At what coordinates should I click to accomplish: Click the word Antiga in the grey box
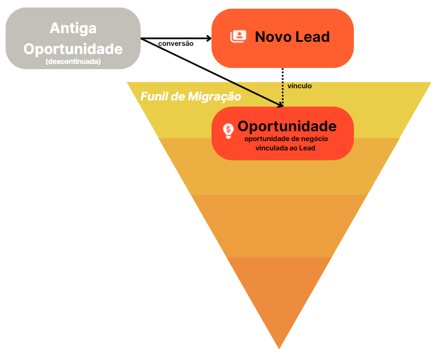tap(73, 28)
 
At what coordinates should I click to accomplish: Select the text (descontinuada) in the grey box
tap(73, 60)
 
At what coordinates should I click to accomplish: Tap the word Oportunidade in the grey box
tap(73, 48)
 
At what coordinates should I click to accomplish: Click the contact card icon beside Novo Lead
tap(238, 37)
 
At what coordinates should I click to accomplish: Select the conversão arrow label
tap(175, 43)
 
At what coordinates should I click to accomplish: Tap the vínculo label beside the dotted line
tap(300, 86)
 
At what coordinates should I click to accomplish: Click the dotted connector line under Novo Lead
tap(283, 84)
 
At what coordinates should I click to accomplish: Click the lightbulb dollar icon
tap(228, 131)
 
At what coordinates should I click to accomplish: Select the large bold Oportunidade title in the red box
tap(287, 126)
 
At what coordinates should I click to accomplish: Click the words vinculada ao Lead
tap(285, 148)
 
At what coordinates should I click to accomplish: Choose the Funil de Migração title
tap(191, 96)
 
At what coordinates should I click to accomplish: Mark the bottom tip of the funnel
tap(280, 347)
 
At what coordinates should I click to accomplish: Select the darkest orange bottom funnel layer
tap(280, 290)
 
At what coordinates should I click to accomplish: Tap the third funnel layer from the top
tap(280, 226)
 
